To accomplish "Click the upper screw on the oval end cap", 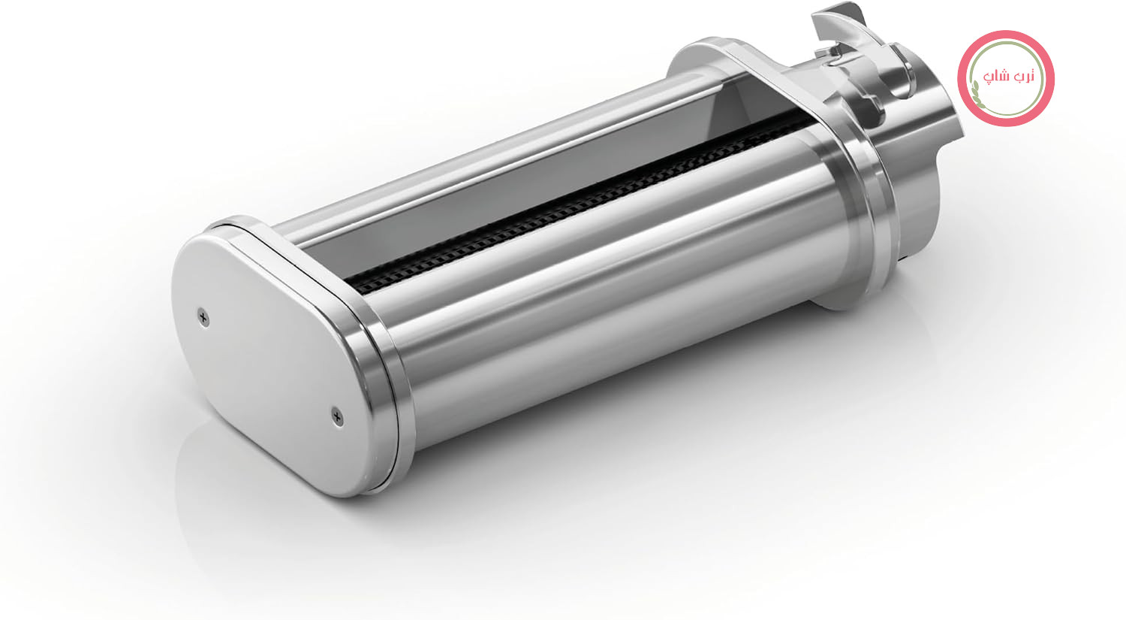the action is [x=203, y=318].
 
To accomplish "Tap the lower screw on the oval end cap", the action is [x=338, y=416].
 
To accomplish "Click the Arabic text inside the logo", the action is [x=1008, y=77].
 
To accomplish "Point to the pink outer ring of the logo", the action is [x=1006, y=35].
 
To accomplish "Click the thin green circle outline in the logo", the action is [x=1006, y=42].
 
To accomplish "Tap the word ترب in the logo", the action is [x=1025, y=75].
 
